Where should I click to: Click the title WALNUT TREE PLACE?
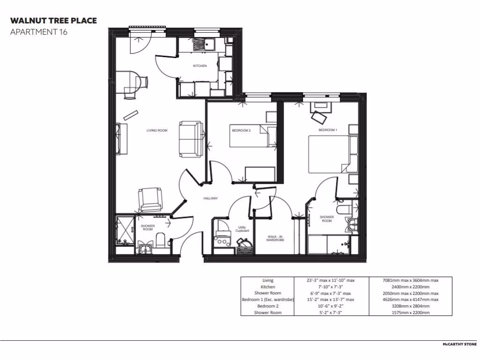(53, 21)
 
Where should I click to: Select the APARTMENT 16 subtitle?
(39, 32)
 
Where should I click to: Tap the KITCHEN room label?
(200, 66)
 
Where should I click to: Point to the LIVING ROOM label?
(157, 130)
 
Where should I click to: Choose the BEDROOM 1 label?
(328, 130)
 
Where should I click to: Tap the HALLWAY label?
(210, 199)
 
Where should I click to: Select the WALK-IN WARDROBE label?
(275, 238)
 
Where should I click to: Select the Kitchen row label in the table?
(268, 287)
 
